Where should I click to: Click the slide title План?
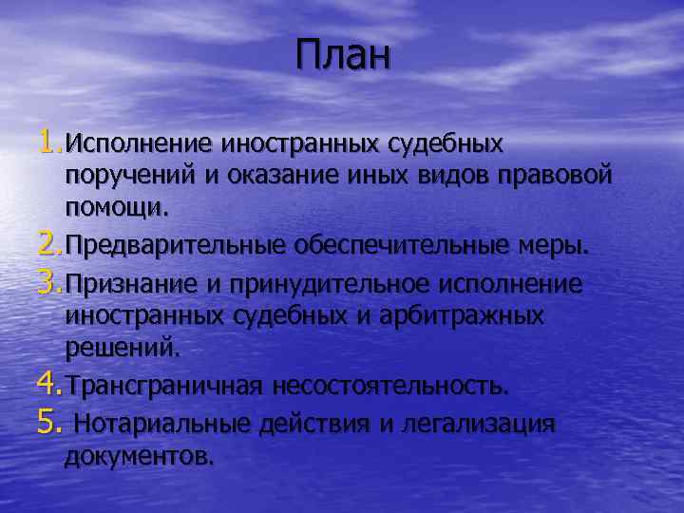(342, 55)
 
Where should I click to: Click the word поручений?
(119, 178)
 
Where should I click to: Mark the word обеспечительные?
(397, 246)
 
